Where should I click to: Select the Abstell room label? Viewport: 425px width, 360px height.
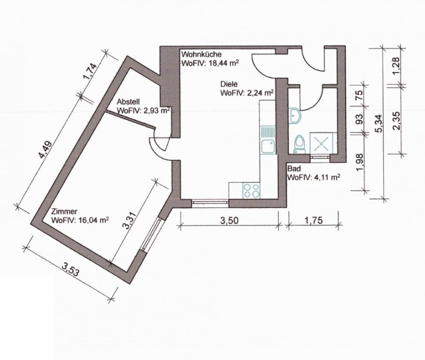coord(128,102)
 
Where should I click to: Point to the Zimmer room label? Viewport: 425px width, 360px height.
coord(64,211)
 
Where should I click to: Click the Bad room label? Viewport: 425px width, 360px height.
coord(294,169)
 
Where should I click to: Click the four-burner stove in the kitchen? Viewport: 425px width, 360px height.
coord(252,190)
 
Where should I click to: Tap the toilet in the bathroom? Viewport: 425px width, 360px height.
coord(299,144)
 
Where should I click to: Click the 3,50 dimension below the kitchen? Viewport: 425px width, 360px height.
coord(229,221)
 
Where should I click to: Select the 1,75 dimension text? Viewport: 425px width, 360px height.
coord(314,220)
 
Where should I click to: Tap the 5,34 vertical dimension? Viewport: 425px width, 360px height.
coord(379,124)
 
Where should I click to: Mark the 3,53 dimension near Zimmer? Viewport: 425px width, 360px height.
coord(71,270)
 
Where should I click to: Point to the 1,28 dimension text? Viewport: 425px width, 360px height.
coord(396,66)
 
